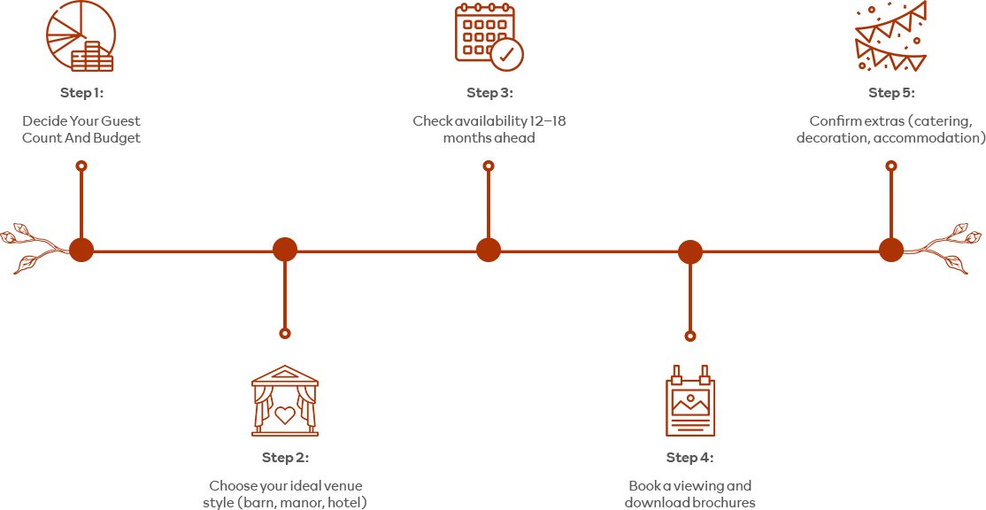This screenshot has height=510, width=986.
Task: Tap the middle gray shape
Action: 487,115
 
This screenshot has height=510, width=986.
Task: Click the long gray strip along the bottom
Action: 487,478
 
